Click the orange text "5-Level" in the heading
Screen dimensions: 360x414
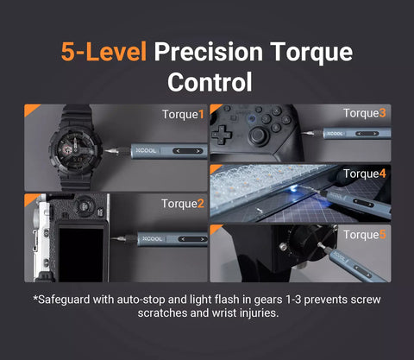[x=104, y=51]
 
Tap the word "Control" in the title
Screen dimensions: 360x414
[x=210, y=82]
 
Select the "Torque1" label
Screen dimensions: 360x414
[x=183, y=114]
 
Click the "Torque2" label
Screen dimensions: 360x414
[x=183, y=204]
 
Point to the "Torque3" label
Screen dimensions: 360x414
[x=364, y=113]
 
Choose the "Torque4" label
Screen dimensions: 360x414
[x=364, y=174]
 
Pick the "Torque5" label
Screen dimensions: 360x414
[x=364, y=234]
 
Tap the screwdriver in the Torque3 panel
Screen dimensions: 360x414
[x=345, y=132]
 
